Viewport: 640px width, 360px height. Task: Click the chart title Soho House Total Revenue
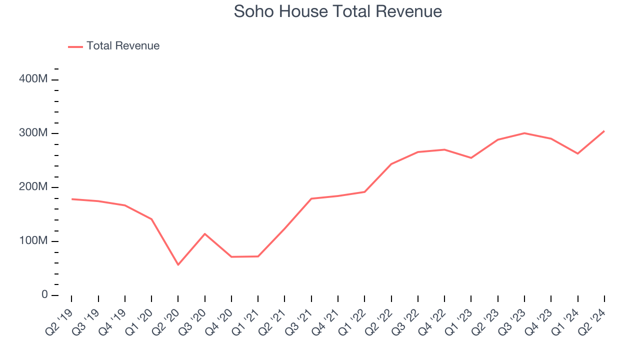338,11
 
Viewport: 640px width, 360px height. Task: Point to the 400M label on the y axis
34,79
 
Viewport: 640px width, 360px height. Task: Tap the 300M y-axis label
34,133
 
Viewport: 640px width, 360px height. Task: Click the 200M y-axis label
34,187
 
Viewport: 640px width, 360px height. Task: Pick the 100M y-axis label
34,241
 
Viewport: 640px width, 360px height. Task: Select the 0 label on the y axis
44,295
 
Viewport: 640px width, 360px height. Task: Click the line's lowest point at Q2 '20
178,264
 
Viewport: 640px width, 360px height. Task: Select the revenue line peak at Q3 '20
204,233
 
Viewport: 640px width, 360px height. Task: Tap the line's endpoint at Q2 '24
604,131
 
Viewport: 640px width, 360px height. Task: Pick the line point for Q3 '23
524,133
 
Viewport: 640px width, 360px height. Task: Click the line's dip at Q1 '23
471,158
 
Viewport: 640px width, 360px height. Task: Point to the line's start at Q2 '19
71,199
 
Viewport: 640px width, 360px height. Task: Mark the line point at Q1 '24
577,153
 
